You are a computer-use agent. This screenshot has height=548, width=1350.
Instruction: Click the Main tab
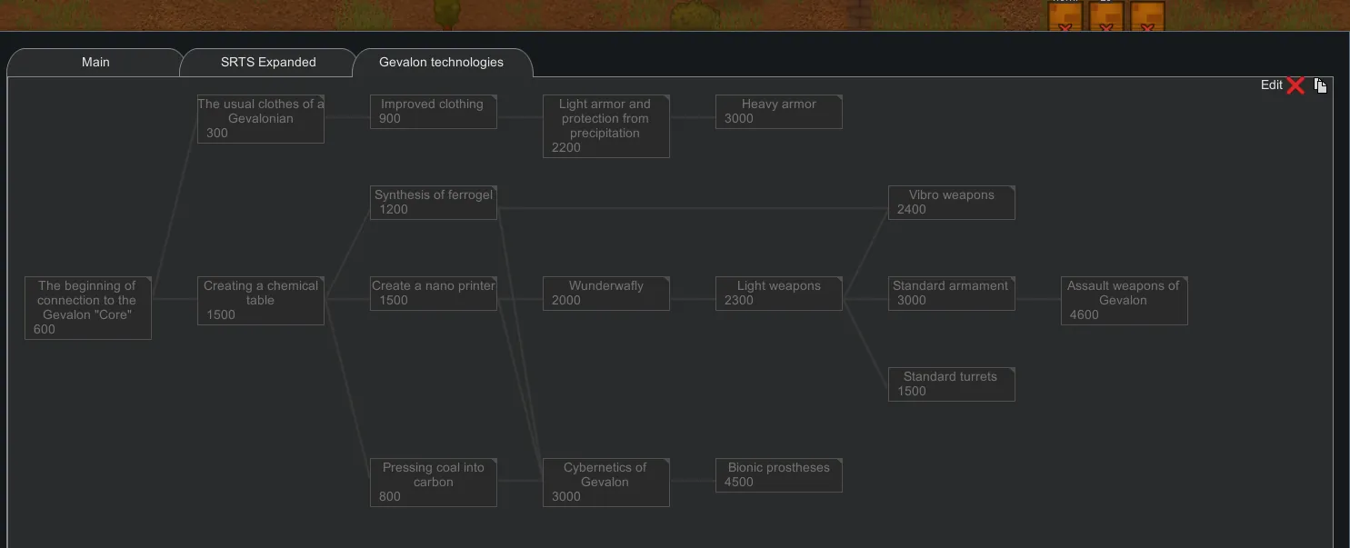tap(95, 63)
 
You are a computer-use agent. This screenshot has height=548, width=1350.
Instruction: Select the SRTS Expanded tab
tap(268, 63)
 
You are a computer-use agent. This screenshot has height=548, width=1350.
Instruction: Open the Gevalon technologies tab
tap(441, 63)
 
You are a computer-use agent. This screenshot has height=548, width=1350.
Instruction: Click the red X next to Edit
tap(1296, 85)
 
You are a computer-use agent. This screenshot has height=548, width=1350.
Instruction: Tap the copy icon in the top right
tap(1320, 85)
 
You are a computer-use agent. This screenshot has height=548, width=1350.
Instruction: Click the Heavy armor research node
tap(778, 112)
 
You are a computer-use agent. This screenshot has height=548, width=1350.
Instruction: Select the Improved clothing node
tap(433, 112)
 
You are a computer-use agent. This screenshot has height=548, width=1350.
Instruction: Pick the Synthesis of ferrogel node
tap(433, 203)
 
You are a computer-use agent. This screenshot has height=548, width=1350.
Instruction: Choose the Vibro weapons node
tap(951, 203)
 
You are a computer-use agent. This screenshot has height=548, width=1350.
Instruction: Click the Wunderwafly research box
tap(605, 294)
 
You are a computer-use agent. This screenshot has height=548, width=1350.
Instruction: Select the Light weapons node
tap(778, 294)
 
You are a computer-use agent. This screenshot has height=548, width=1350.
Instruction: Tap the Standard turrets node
tap(951, 384)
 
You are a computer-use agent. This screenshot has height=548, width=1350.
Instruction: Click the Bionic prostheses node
tap(778, 475)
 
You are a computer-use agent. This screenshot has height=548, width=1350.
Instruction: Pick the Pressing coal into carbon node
tap(433, 483)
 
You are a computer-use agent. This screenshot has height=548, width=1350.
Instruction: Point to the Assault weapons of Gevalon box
tap(1124, 301)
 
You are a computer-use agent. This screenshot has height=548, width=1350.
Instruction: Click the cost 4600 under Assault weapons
tap(1085, 315)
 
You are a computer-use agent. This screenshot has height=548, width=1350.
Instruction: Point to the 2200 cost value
tap(566, 148)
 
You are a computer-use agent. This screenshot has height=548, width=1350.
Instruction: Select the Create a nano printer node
tap(433, 294)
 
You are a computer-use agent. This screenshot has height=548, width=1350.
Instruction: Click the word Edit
tap(1271, 85)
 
